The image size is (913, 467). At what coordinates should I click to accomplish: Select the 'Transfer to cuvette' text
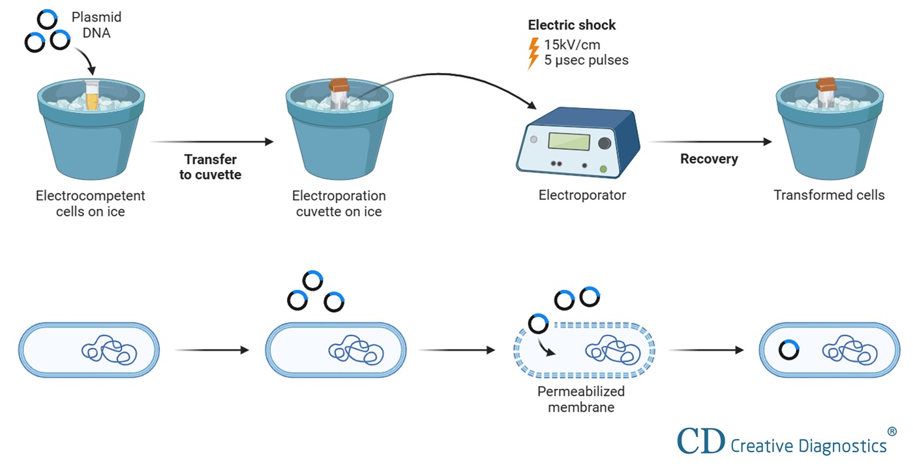click(x=211, y=167)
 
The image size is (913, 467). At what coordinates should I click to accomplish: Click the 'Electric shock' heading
click(x=571, y=25)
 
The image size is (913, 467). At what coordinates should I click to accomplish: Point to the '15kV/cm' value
click(x=572, y=45)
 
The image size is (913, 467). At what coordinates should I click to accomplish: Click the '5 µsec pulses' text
click(x=586, y=60)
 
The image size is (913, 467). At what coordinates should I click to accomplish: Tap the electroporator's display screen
click(x=569, y=141)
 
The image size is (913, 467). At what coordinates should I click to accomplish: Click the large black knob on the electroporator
click(x=605, y=143)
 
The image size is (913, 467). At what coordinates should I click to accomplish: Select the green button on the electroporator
click(x=603, y=169)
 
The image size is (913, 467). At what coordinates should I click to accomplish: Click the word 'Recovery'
click(x=709, y=159)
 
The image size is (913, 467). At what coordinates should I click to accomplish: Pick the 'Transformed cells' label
click(x=829, y=195)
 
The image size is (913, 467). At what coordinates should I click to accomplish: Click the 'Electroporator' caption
click(x=582, y=195)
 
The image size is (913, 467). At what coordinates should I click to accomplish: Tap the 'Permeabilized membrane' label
click(x=580, y=399)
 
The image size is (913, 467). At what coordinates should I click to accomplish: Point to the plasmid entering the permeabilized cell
click(x=538, y=323)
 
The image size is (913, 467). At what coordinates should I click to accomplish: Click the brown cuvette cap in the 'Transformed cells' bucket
click(x=828, y=83)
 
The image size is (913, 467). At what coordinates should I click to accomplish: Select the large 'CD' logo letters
click(x=701, y=440)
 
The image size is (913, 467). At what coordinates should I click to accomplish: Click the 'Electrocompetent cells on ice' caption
click(x=90, y=203)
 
